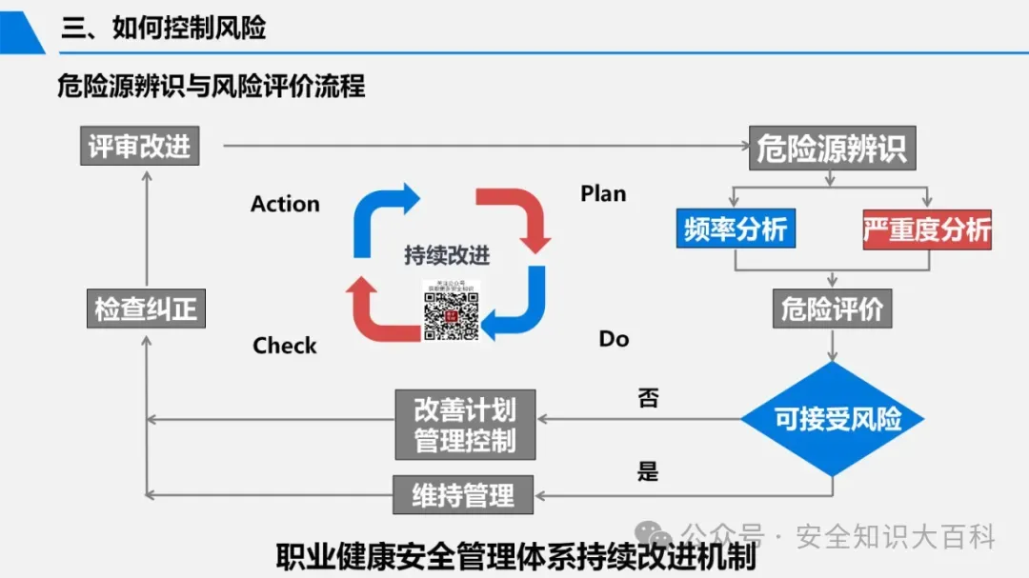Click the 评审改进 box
click(x=139, y=146)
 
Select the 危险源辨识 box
click(x=832, y=149)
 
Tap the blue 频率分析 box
click(x=736, y=229)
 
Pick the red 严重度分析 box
click(x=927, y=229)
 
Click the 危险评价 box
click(x=832, y=309)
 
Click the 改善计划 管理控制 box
click(x=465, y=425)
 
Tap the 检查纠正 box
click(x=145, y=309)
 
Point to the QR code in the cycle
click(x=451, y=310)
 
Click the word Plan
click(x=603, y=193)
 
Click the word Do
click(x=614, y=339)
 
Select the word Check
click(x=284, y=346)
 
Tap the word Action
click(x=285, y=204)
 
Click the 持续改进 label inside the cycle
click(x=447, y=255)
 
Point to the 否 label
click(x=648, y=398)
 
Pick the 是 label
click(x=648, y=470)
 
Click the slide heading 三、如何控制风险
click(x=164, y=28)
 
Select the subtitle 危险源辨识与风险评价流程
click(x=211, y=87)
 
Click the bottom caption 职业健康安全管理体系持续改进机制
click(x=515, y=556)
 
